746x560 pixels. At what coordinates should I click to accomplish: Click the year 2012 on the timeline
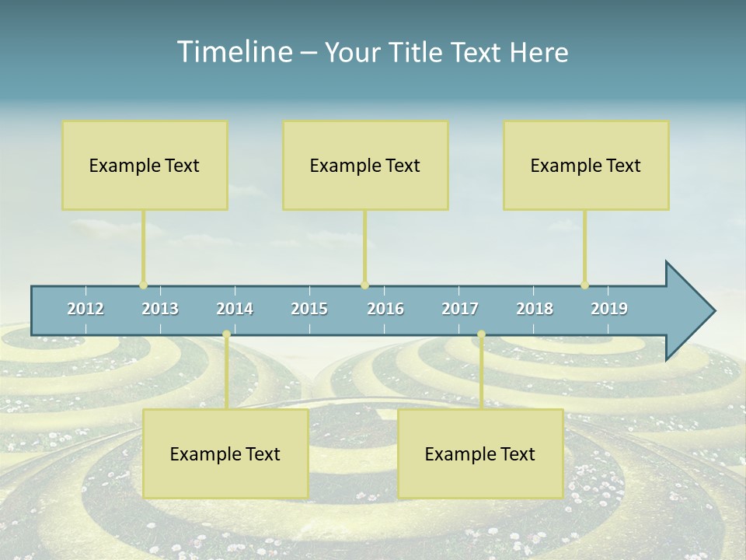click(85, 309)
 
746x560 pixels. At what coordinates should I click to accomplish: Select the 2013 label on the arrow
click(160, 309)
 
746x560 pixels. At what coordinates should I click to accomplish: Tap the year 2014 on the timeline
click(235, 309)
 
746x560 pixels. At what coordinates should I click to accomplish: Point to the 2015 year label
click(309, 309)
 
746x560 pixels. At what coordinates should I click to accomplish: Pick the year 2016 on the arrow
click(385, 309)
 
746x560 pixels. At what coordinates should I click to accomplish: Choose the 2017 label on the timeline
click(460, 309)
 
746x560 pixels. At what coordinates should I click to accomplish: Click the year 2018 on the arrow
click(535, 309)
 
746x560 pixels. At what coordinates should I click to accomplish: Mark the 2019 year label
click(609, 309)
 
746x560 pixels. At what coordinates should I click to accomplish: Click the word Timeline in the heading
click(233, 52)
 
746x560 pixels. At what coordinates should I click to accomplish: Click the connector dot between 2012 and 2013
click(143, 285)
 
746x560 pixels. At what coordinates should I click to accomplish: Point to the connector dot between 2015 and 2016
click(364, 285)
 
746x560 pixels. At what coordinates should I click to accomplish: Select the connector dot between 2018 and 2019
click(584, 285)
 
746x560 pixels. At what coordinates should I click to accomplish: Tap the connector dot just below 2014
click(226, 334)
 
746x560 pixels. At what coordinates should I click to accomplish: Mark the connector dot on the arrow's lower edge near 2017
click(481, 334)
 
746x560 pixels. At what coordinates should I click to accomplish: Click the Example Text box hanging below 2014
click(225, 453)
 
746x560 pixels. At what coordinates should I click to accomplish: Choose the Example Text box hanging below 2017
click(480, 453)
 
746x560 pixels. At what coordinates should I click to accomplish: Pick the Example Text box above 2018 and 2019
click(586, 165)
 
